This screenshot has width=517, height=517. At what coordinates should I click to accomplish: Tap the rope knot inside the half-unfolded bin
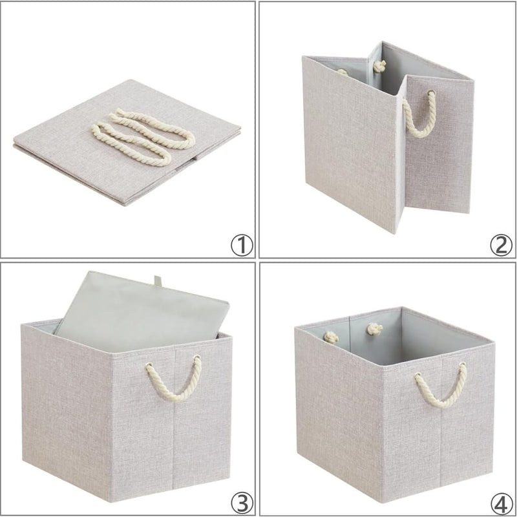click(380, 67)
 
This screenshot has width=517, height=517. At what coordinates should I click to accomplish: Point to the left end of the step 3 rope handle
click(147, 368)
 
